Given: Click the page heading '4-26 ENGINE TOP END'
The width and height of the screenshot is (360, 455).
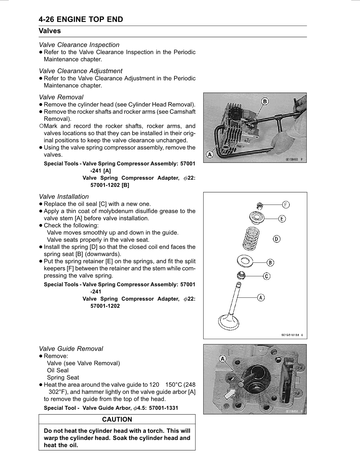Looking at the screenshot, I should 81,19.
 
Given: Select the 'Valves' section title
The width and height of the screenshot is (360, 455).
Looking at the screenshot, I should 50,31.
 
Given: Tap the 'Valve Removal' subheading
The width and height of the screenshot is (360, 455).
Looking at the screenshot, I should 61,97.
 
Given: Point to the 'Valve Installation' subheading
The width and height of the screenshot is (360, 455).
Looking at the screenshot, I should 64,197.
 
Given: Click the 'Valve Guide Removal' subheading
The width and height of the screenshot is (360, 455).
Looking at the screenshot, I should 71,349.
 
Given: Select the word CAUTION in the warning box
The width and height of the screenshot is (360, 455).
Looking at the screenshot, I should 117,419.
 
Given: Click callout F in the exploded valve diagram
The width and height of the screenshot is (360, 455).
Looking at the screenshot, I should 286,205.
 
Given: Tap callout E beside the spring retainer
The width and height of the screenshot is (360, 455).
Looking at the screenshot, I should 282,219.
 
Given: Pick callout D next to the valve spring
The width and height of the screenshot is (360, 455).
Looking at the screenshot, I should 277,239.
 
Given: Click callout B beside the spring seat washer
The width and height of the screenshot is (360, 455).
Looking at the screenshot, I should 270,262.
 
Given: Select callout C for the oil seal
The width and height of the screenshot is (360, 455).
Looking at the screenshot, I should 266,276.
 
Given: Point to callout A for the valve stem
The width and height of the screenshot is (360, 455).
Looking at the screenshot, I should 261,297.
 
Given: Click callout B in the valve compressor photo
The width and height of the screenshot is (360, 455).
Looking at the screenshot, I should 265,101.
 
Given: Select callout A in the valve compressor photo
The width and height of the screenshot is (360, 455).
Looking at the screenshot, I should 210,154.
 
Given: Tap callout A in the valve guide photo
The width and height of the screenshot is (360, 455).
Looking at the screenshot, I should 223,359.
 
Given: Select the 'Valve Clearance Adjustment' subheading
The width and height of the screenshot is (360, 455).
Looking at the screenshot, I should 81,71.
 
